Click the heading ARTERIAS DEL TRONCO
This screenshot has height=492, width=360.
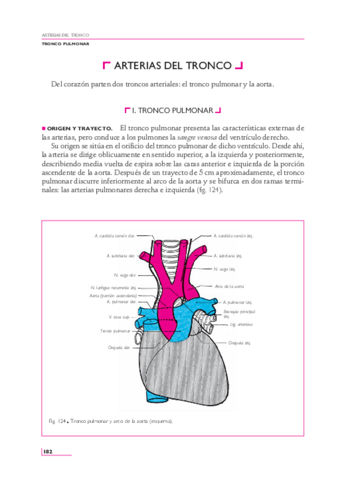(x=173, y=66)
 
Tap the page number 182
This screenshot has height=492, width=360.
(x=48, y=451)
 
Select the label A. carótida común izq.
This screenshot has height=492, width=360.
(x=233, y=236)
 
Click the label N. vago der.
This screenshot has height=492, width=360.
(x=125, y=274)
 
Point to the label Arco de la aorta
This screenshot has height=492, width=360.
(x=229, y=286)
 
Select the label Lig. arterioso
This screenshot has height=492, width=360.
(x=234, y=324)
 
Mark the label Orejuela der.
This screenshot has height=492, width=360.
(x=118, y=347)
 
